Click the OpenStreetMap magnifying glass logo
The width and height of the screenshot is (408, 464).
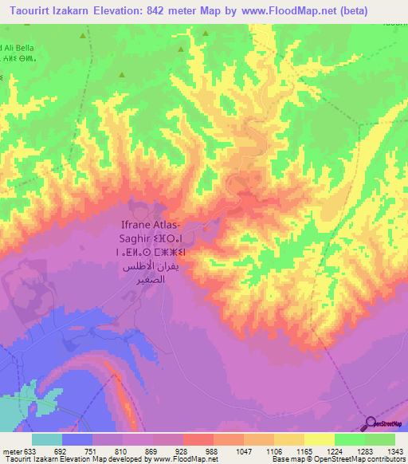[370, 424]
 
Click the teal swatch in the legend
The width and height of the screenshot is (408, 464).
[47, 439]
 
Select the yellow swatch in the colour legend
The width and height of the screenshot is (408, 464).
[319, 439]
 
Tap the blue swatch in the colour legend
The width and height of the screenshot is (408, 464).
[77, 439]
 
